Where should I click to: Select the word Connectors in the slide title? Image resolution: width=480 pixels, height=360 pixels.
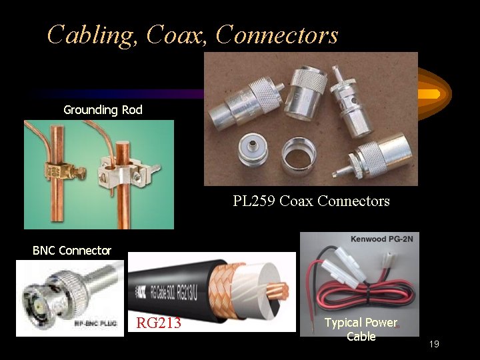(x=277, y=35)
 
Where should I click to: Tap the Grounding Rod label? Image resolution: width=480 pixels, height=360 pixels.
(x=103, y=109)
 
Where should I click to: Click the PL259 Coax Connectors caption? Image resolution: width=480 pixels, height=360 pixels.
(x=311, y=201)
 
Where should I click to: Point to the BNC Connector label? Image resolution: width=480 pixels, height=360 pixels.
(x=72, y=251)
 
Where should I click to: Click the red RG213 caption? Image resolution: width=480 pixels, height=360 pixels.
(x=159, y=324)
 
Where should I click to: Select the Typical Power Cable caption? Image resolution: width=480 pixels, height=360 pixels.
(x=361, y=329)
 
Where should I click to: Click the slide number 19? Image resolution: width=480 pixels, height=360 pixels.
(x=435, y=344)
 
